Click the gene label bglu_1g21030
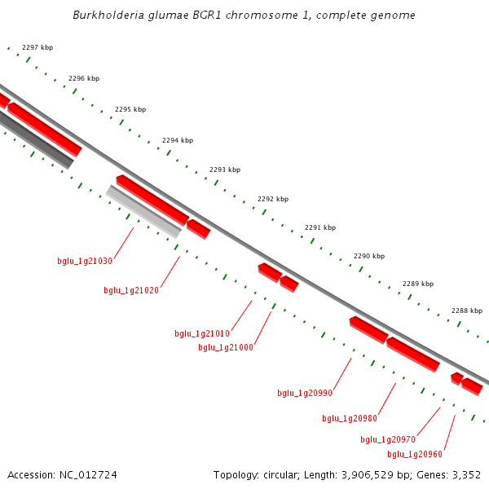click(x=85, y=262)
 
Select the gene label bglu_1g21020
click(x=131, y=290)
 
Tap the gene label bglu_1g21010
click(x=202, y=333)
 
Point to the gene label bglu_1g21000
click(x=226, y=347)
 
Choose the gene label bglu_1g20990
click(x=305, y=393)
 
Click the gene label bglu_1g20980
click(x=350, y=418)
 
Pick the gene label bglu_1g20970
click(x=388, y=439)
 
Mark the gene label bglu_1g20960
click(x=415, y=454)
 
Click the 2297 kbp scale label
click(x=37, y=48)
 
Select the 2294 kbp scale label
click(x=178, y=140)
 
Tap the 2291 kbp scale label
click(x=320, y=227)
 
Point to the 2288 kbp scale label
click(x=467, y=311)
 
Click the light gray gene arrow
click(x=143, y=212)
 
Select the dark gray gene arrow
click(x=37, y=139)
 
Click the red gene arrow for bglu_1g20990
click(x=368, y=330)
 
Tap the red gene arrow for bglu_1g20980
click(x=413, y=355)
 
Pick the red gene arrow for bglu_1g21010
click(x=269, y=271)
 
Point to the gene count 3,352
click(x=465, y=474)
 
